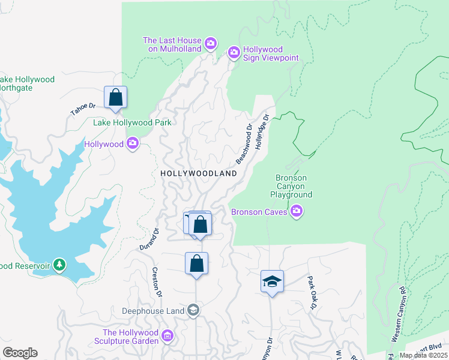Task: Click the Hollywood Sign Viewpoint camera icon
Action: click(234, 53)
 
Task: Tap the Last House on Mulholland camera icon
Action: click(210, 43)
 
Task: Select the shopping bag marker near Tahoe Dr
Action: click(115, 98)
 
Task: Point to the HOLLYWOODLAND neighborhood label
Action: click(199, 173)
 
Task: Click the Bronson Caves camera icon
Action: click(296, 211)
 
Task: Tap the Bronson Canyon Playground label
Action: click(291, 186)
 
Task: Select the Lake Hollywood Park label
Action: click(132, 123)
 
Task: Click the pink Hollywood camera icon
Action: click(133, 143)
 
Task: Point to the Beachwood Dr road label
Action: click(244, 145)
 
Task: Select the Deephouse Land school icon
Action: click(193, 310)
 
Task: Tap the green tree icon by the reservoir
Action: click(59, 264)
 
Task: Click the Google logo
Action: click(20, 353)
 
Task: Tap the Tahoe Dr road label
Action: click(83, 109)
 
